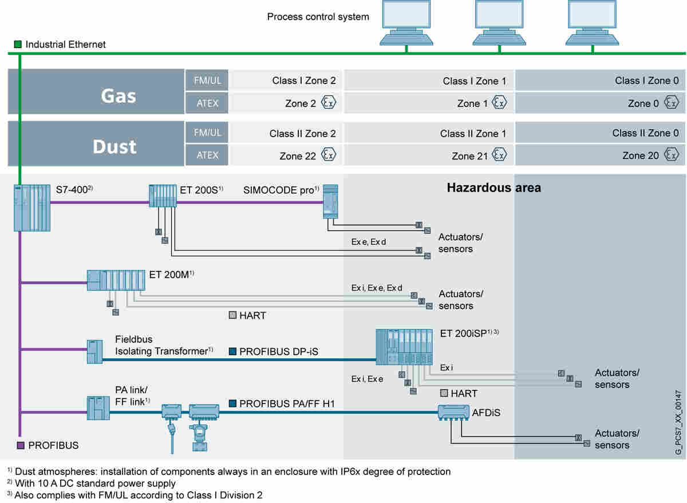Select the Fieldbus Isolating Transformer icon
pyautogui.click(x=94, y=351)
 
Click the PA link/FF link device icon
pyautogui.click(x=97, y=407)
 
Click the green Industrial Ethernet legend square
pyautogui.click(x=18, y=44)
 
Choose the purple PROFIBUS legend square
pyautogui.click(x=21, y=445)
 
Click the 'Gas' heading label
pyautogui.click(x=119, y=95)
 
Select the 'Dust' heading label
pyautogui.click(x=114, y=146)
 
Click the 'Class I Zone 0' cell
pyautogui.click(x=646, y=81)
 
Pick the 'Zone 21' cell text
pyautogui.click(x=471, y=155)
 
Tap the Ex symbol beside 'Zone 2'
pyautogui.click(x=329, y=103)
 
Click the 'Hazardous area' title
pyautogui.click(x=493, y=187)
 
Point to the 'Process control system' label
pyautogui.click(x=318, y=17)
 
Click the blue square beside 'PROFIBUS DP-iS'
pyautogui.click(x=233, y=352)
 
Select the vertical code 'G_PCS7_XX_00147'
pyautogui.click(x=678, y=414)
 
